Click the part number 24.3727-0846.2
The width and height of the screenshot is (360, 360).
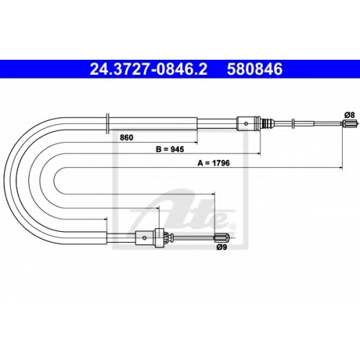click(x=148, y=69)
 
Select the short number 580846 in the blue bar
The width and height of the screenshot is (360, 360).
click(x=255, y=69)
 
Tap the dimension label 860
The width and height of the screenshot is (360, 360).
click(x=127, y=138)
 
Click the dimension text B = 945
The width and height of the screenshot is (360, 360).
click(x=170, y=149)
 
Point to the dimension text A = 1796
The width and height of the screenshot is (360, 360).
click(x=214, y=163)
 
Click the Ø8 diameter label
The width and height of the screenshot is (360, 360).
click(x=349, y=115)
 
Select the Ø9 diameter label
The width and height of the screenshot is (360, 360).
click(x=222, y=247)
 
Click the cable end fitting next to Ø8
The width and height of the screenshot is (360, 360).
click(x=350, y=124)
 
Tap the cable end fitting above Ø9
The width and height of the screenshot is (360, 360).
click(x=222, y=238)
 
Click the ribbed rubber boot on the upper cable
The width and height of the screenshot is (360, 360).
click(x=267, y=124)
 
